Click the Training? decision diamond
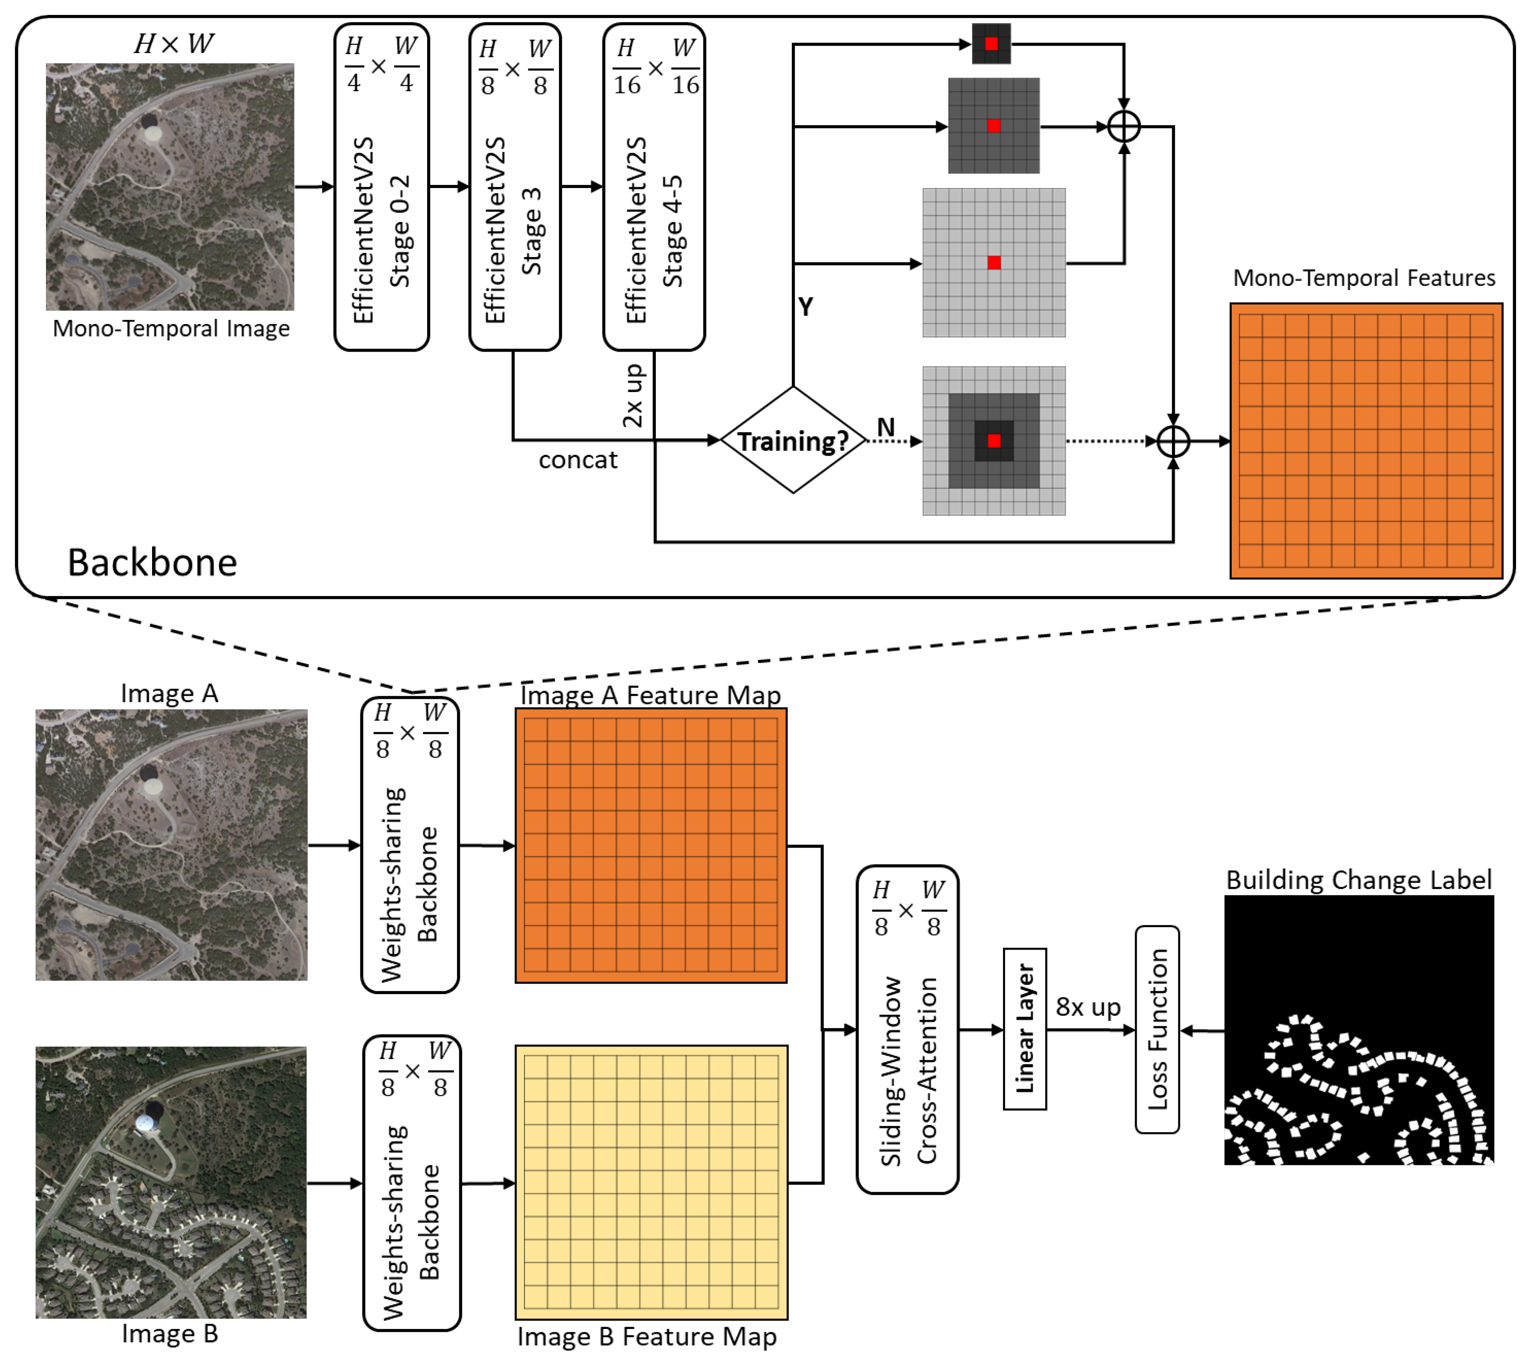793,440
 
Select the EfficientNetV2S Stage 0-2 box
381,187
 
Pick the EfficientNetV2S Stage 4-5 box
654,187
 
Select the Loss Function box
1157,1029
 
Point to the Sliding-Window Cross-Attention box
907,1029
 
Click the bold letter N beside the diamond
886,428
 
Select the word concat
577,460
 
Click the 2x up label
633,395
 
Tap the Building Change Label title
1359,880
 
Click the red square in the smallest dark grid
991,44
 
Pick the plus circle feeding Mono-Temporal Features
1173,441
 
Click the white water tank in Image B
145,1123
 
